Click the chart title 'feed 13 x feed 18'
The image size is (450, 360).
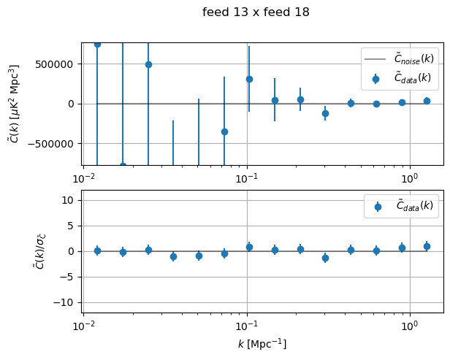[256, 12]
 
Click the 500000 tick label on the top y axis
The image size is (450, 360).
[58, 64]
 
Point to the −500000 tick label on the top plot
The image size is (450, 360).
[55, 144]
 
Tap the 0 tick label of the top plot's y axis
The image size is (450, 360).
[73, 104]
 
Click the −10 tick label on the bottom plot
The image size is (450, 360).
[67, 302]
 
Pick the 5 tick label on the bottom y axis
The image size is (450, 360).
[73, 226]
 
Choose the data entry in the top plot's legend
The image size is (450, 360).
[402, 77]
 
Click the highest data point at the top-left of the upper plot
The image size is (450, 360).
[97, 44]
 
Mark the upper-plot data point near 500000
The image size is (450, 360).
[148, 64]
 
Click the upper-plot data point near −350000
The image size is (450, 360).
[224, 131]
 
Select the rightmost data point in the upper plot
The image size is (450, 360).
[427, 101]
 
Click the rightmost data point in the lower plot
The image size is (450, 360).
[427, 246]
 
